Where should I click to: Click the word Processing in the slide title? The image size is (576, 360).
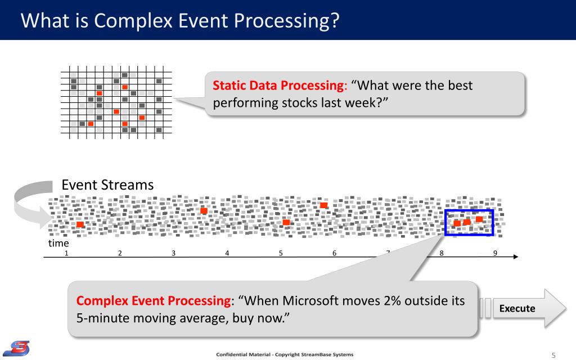tap(286, 21)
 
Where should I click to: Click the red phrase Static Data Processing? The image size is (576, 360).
tap(278, 85)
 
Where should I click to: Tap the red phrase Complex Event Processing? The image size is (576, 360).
tap(154, 301)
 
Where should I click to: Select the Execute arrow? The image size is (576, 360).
tap(523, 308)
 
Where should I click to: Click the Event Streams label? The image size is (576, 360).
tap(107, 184)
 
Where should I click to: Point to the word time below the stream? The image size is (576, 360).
tap(58, 243)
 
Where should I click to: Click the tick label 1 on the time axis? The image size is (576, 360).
tap(66, 253)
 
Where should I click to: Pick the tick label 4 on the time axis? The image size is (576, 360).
tap(227, 253)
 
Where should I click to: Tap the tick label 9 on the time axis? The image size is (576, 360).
tap(495, 253)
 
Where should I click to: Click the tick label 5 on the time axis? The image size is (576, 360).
tap(281, 253)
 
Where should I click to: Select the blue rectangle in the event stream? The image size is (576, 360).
tap(445, 223)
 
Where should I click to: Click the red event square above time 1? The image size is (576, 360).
tap(80, 224)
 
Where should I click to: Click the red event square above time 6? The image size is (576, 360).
tap(323, 205)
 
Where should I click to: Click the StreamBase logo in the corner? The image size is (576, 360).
tap(16, 348)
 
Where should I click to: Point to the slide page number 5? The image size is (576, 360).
tap(553, 355)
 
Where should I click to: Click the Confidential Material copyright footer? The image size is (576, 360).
tap(285, 354)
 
